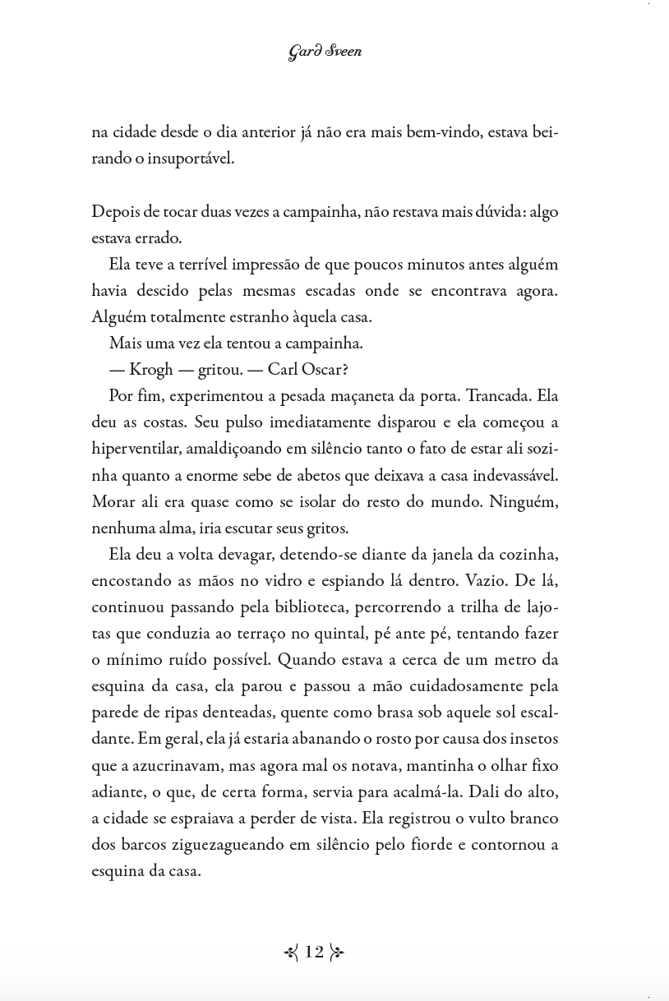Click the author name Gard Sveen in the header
[325, 53]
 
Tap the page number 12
[314, 952]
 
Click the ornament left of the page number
[291, 953]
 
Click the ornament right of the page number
[337, 953]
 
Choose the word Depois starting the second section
[116, 211]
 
